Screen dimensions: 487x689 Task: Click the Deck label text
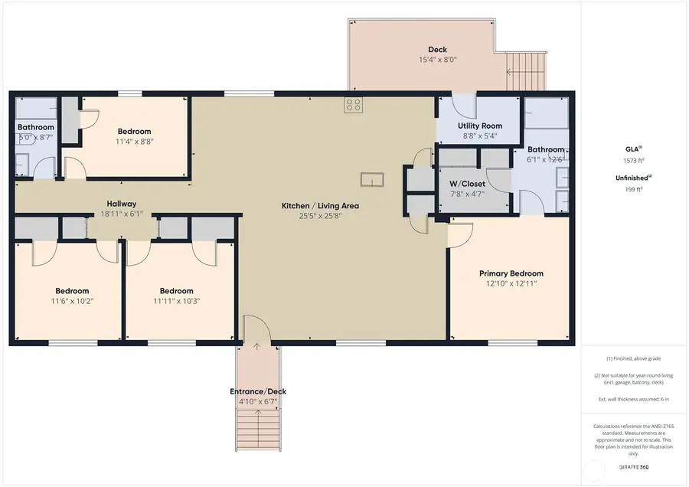(438, 49)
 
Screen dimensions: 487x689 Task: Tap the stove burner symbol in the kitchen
(353, 105)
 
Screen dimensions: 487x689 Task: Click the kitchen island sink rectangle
(373, 180)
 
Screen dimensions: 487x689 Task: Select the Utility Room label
(479, 126)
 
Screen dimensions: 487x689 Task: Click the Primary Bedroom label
(511, 273)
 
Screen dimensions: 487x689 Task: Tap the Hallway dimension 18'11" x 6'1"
(121, 214)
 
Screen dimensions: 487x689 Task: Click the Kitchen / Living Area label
(320, 205)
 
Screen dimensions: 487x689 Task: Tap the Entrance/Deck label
(258, 391)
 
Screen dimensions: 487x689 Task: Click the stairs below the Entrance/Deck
(258, 430)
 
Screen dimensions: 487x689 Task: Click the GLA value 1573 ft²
(633, 161)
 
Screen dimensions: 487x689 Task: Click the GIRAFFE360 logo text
(633, 467)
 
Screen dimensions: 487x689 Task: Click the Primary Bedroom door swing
(459, 234)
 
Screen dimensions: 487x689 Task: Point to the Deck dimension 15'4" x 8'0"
(438, 60)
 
